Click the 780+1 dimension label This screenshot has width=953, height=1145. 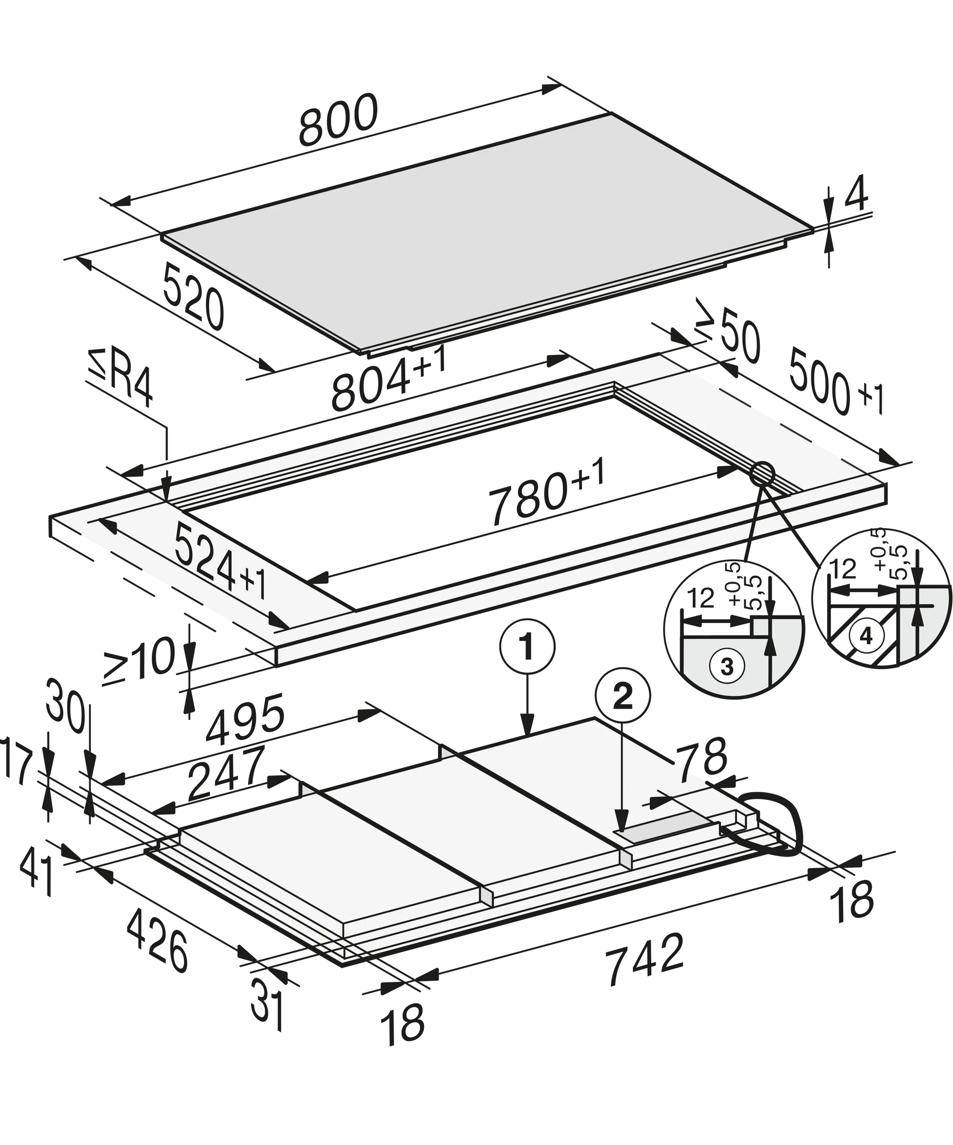coord(545,496)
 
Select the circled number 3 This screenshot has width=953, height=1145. coord(727,667)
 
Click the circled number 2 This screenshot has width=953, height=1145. coord(624,693)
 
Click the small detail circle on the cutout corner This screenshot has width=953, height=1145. coord(762,474)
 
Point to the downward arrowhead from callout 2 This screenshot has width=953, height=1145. coord(620,835)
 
